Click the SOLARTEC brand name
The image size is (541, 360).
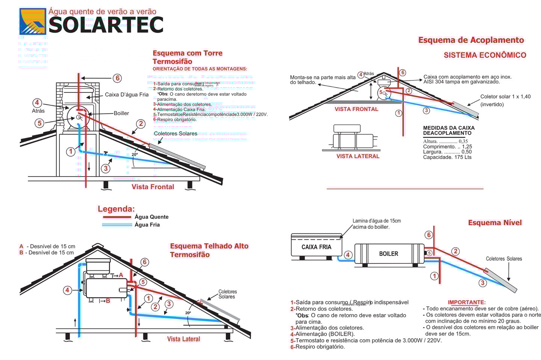(106, 25)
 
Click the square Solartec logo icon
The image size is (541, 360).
(33, 21)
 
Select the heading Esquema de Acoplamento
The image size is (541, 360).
(471, 40)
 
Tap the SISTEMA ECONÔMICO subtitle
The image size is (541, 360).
(485, 55)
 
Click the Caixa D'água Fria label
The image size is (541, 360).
(127, 95)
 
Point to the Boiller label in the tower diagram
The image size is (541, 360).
(121, 113)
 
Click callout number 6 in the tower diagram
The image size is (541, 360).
(118, 78)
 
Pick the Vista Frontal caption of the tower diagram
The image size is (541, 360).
(153, 187)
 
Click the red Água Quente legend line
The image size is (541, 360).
(116, 217)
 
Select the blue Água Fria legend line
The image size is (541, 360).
(116, 225)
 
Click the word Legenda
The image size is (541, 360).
(116, 209)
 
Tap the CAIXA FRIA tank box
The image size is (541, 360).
(316, 247)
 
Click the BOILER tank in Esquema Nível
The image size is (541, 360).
(388, 254)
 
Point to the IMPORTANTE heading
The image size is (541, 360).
(467, 302)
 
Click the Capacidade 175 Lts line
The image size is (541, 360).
(447, 157)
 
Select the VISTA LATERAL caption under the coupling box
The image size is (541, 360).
(358, 156)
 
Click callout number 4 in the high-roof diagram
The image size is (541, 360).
(67, 290)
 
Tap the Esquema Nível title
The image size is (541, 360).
(495, 223)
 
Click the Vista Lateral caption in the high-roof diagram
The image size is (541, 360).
(183, 339)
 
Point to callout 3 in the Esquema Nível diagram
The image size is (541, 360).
(483, 283)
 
